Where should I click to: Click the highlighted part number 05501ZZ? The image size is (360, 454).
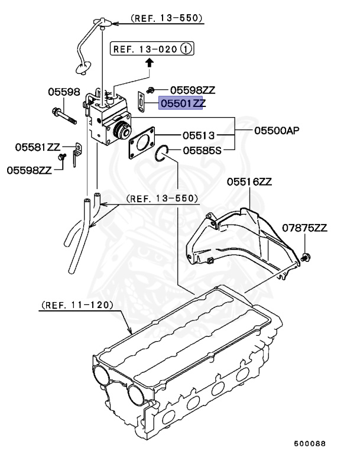click(181, 103)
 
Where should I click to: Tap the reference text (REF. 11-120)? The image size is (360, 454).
click(76, 306)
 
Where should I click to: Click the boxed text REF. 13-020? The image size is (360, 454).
click(144, 50)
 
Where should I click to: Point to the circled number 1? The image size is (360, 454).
click(187, 50)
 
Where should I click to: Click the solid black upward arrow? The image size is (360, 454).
click(150, 61)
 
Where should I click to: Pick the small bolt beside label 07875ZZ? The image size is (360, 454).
click(306, 257)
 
